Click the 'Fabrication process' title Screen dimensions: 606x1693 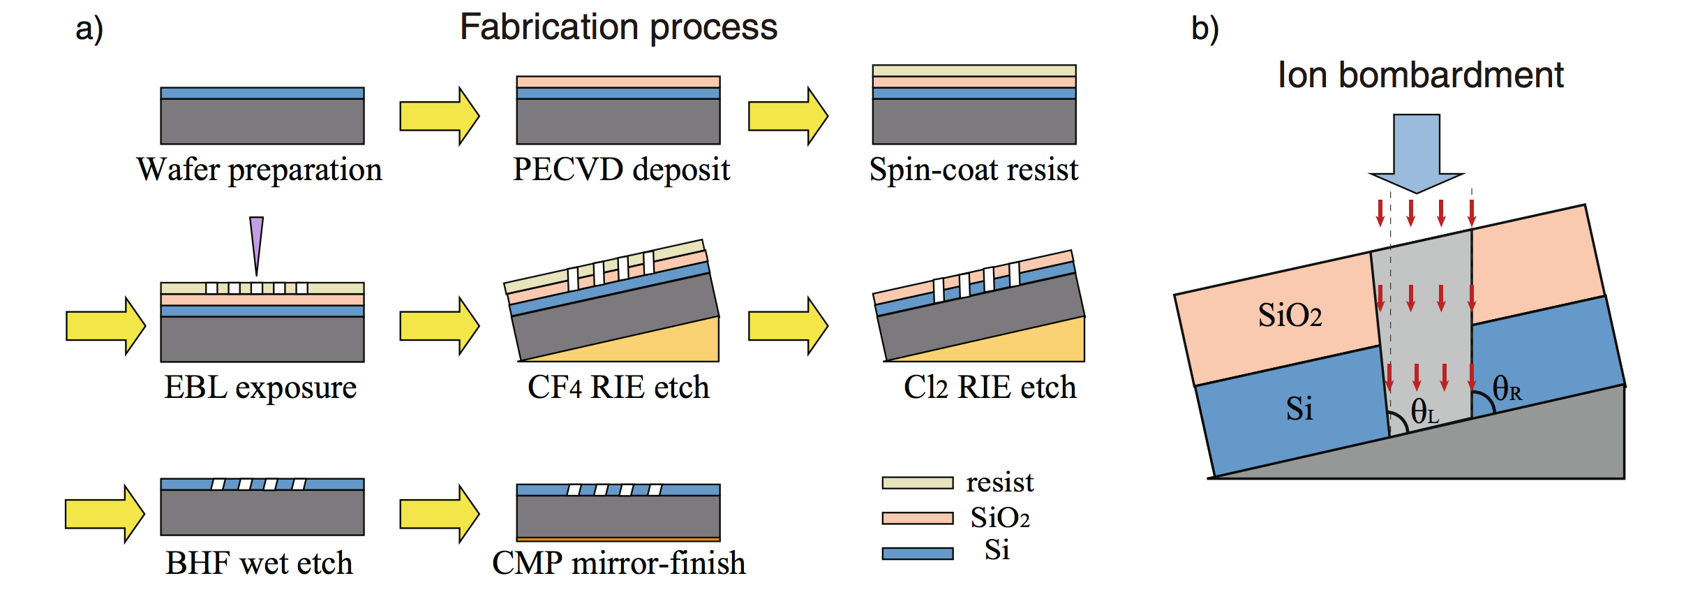[x=618, y=28]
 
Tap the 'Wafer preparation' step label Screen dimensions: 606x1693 [x=259, y=170]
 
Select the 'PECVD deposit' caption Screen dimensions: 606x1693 [x=621, y=170]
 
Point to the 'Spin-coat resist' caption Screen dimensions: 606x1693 [x=974, y=170]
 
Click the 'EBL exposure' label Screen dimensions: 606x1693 [x=260, y=387]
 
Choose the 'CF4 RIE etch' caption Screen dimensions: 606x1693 [x=618, y=387]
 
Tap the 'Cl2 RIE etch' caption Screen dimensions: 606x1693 [x=990, y=387]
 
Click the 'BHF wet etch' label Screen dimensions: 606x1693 [x=259, y=563]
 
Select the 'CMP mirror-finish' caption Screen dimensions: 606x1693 [x=618, y=563]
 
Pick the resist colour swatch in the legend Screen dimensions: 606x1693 [x=917, y=483]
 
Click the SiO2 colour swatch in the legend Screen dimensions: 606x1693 [x=917, y=518]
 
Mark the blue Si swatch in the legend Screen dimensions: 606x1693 [x=917, y=554]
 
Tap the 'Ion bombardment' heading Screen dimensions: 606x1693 [x=1420, y=75]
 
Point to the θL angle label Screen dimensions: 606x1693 [x=1424, y=412]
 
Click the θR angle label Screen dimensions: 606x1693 [x=1507, y=389]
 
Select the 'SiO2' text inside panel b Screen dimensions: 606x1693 [x=1290, y=316]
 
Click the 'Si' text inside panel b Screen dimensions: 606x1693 [x=1299, y=409]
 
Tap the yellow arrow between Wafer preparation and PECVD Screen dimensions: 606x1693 [x=439, y=116]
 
